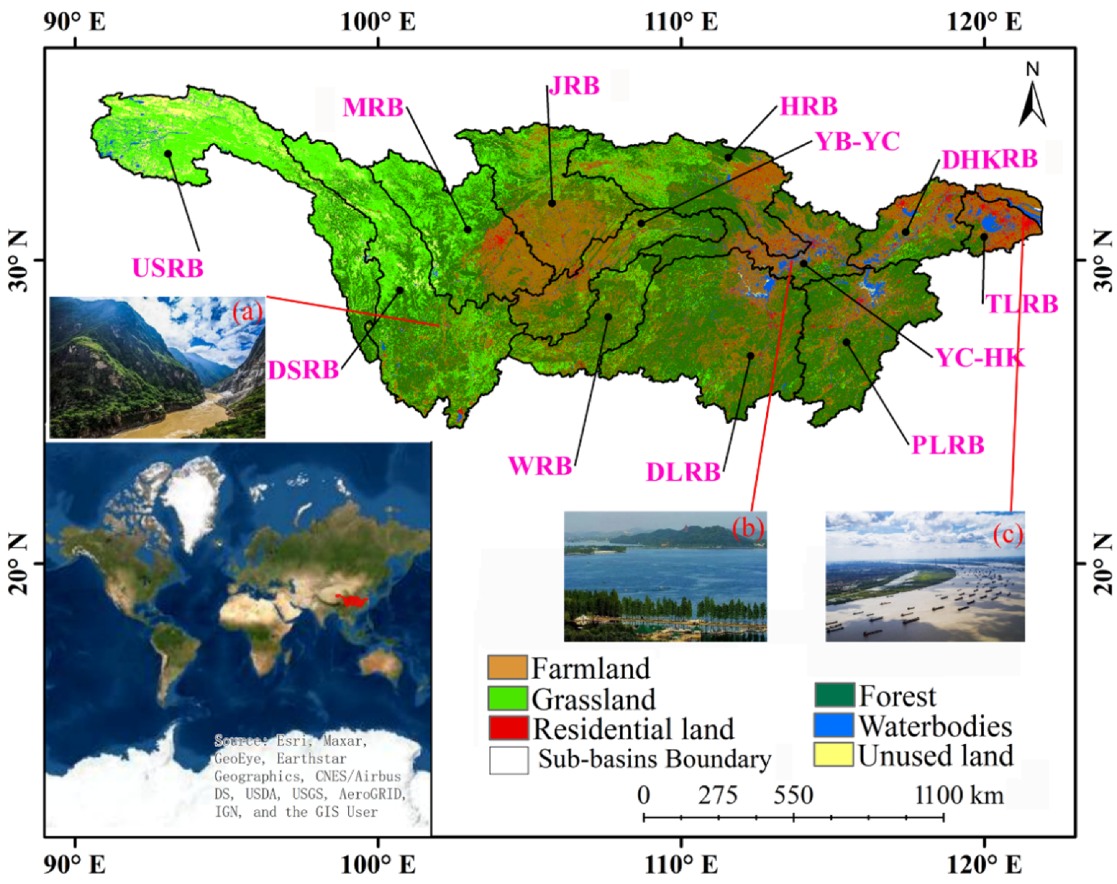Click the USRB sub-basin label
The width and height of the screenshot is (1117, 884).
[x=167, y=268]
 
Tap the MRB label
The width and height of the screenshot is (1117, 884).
[x=373, y=108]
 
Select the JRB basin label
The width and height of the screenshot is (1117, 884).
[x=575, y=86]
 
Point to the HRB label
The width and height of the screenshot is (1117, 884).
[x=808, y=106]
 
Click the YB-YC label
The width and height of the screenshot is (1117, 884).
[x=858, y=141]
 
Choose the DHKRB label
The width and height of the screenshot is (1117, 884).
[x=989, y=160]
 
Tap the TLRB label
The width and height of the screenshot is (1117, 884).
[x=1022, y=304]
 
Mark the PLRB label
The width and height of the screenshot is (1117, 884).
[x=948, y=445]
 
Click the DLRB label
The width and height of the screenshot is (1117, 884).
[x=683, y=472]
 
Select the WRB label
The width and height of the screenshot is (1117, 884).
[x=540, y=466]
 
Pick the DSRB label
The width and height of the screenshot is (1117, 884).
[x=303, y=370]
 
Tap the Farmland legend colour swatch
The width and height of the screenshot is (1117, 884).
[x=507, y=668]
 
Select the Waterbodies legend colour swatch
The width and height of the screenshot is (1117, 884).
[x=834, y=725]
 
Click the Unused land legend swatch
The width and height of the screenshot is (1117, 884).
[x=834, y=754]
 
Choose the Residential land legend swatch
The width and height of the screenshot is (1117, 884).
[x=508, y=728]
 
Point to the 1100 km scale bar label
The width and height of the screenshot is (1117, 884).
[x=959, y=795]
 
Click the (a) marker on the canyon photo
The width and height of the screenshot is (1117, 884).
[x=246, y=312]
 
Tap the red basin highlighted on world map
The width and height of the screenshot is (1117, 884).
[x=352, y=601]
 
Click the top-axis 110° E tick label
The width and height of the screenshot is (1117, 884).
[x=681, y=22]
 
